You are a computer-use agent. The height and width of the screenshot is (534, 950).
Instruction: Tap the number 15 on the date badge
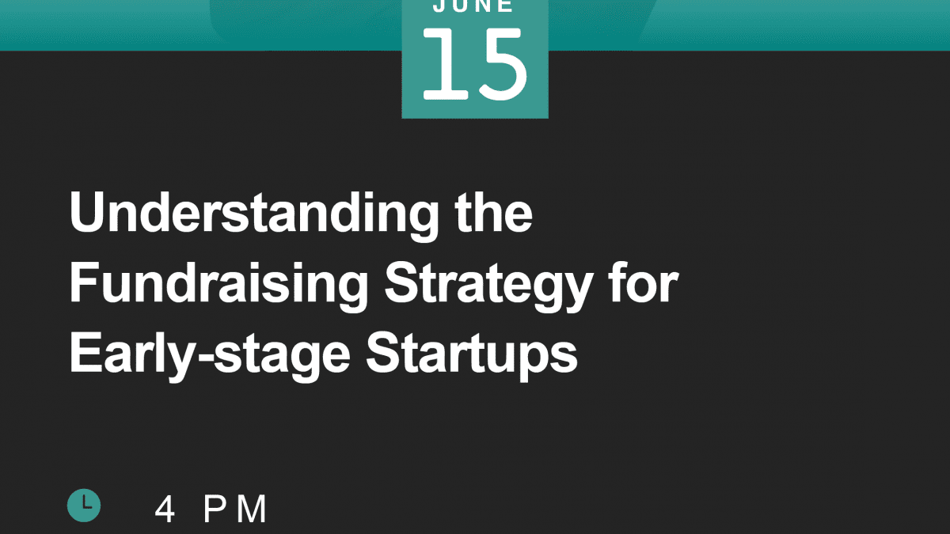click(475, 64)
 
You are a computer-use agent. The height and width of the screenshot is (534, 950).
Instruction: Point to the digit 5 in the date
click(503, 64)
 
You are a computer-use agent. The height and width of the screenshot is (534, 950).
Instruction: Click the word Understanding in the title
click(254, 216)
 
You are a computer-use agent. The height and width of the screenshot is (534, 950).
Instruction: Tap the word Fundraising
click(218, 286)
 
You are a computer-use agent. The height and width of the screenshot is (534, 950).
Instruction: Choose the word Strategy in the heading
click(488, 286)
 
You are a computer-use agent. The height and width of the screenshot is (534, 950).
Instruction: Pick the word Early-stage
click(210, 357)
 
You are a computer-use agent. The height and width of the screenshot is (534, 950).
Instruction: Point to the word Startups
click(472, 357)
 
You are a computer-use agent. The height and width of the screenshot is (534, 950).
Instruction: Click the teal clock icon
click(84, 506)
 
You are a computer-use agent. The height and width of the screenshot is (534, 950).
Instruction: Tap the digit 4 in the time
click(165, 509)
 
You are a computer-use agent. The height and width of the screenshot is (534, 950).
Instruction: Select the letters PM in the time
click(235, 509)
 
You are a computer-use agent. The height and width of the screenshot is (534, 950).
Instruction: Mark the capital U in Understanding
click(86, 211)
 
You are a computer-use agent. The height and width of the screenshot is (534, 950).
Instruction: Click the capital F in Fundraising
click(85, 282)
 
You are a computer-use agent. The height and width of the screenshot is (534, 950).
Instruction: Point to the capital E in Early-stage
click(85, 353)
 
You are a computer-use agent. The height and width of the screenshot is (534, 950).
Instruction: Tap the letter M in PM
click(252, 509)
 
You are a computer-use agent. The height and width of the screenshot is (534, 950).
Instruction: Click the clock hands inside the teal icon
click(86, 502)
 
